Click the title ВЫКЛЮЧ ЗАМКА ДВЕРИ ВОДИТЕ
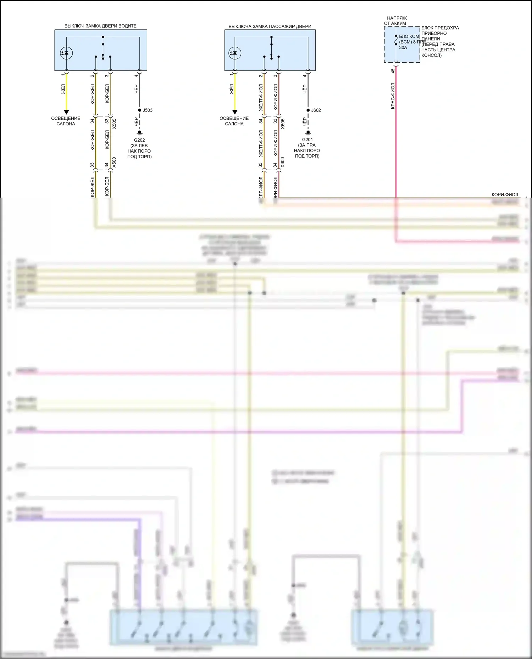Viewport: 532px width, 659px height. tap(100, 26)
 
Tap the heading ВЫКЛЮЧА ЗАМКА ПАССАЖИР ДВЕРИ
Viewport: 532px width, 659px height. tap(270, 26)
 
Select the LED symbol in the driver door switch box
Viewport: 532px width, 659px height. tap(66, 53)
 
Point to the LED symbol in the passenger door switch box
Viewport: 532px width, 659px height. tap(235, 53)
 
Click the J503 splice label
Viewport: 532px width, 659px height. tap(148, 110)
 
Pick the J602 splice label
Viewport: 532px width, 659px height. tap(316, 110)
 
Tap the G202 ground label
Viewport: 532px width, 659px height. tap(139, 140)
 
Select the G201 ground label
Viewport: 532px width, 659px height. tap(307, 140)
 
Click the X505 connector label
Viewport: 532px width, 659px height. tap(114, 124)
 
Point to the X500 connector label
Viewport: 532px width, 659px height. tap(114, 163)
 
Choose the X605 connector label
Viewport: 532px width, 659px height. tap(283, 124)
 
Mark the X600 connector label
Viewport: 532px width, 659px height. tap(283, 163)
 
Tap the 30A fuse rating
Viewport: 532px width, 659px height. tap(403, 47)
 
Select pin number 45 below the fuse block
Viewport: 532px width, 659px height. tap(393, 71)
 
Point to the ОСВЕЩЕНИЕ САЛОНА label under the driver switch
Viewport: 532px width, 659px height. tap(66, 121)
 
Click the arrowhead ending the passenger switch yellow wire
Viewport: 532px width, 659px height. tap(234, 112)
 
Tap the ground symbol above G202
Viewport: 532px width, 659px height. tap(139, 133)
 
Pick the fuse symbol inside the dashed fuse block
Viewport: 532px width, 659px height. tap(396, 40)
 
